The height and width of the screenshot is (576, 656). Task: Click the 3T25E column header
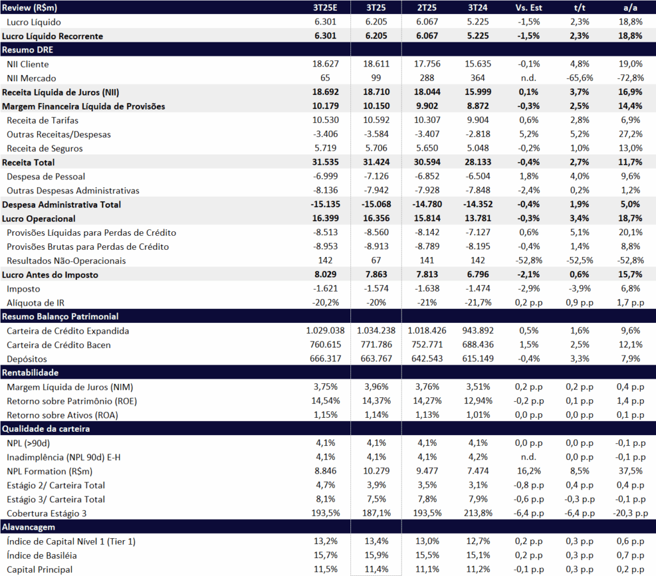tap(326, 8)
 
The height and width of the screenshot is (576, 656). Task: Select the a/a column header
tap(630, 8)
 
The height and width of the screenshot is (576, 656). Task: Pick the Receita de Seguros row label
tap(45, 149)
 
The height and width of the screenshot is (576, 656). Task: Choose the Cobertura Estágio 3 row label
tap(49, 513)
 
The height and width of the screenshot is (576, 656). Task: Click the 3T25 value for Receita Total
tap(376, 163)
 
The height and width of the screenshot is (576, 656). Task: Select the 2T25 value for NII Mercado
tap(427, 78)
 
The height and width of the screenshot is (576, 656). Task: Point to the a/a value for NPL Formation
tap(630, 471)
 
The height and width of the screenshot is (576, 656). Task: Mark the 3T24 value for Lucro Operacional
tap(477, 219)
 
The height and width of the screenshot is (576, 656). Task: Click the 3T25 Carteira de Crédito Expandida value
tap(376, 331)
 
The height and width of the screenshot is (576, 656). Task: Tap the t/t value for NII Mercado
tap(579, 78)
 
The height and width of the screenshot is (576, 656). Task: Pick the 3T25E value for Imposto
tap(326, 289)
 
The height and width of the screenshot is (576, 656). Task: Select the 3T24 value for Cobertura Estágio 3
tap(477, 513)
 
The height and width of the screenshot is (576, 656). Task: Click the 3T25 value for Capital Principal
tap(376, 570)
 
